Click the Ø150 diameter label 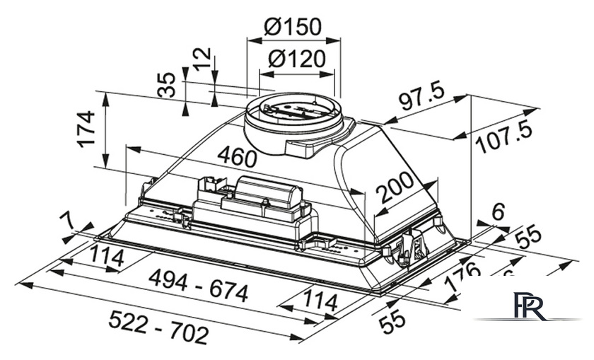[293, 26]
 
